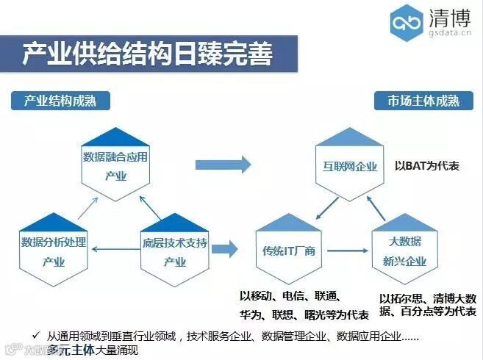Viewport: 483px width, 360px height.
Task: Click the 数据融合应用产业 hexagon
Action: click(115, 165)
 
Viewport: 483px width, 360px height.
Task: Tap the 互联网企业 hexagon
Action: click(350, 166)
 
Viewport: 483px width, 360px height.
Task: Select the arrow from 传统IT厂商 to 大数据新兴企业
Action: click(349, 251)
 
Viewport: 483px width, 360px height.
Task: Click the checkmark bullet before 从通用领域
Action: click(35, 336)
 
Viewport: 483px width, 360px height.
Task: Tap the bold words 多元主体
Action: click(71, 350)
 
